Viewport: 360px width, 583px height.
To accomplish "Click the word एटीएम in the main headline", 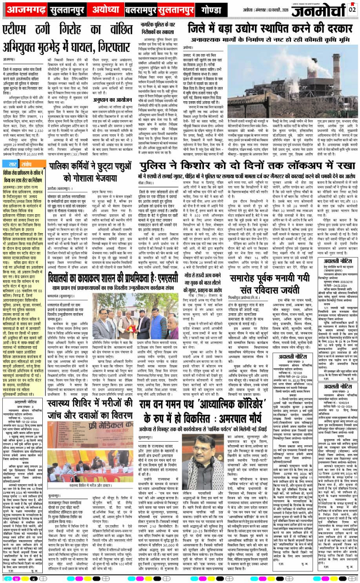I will (20, 31).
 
